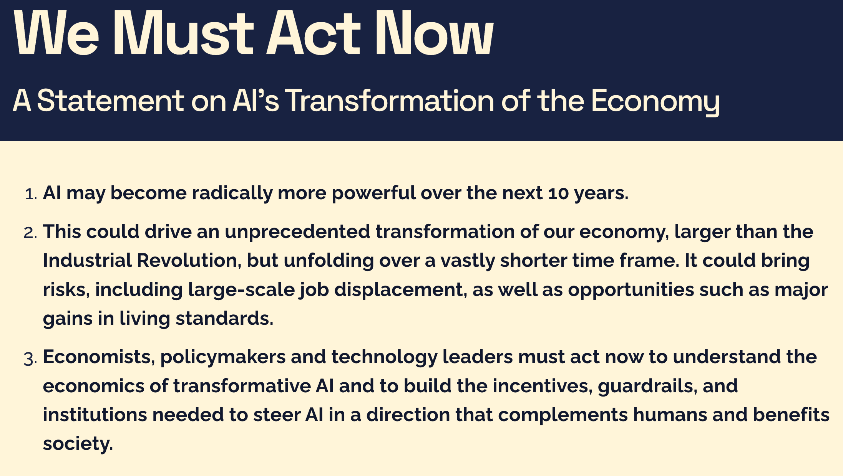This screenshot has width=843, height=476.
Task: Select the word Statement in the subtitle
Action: point(110,101)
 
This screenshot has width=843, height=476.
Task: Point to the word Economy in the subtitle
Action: point(655,102)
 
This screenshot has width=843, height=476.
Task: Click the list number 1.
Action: point(30,194)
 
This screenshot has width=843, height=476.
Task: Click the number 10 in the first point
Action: point(558,193)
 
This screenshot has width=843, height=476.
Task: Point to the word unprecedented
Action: point(297,232)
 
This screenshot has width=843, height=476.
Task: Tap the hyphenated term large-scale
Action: point(241,290)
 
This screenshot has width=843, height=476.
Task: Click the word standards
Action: point(224,319)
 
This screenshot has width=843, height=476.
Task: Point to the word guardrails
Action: point(648,386)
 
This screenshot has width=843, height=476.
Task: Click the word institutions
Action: point(95,415)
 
